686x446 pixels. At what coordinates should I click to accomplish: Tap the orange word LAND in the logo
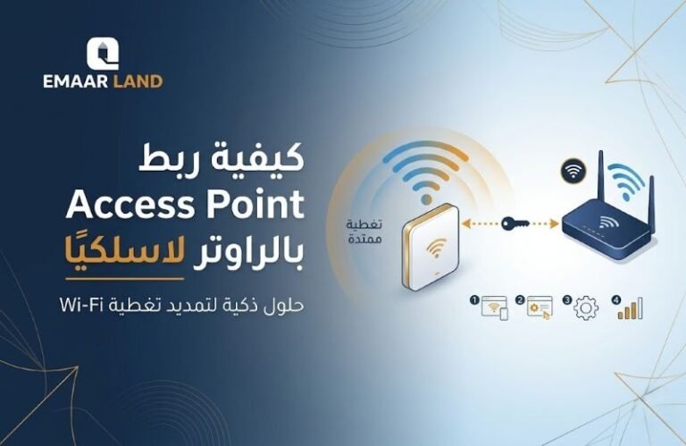[x=138, y=81]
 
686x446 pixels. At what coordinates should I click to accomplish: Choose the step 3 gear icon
[x=587, y=307]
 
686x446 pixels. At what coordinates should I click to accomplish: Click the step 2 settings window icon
[x=540, y=306]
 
